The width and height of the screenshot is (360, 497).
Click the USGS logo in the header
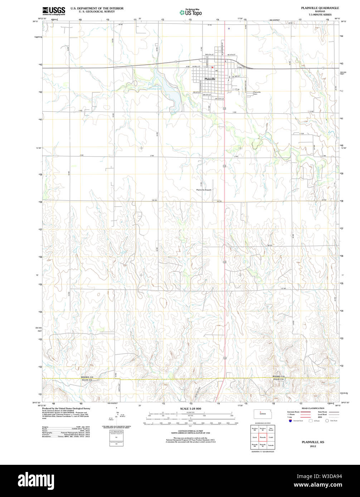click(x=54, y=11)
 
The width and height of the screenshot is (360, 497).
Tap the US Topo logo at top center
click(x=190, y=12)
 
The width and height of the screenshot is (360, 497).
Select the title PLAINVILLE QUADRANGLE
click(x=320, y=8)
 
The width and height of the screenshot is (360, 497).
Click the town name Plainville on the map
click(x=210, y=79)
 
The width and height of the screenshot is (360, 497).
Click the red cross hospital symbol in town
click(x=212, y=67)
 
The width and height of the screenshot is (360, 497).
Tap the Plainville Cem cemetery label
click(x=257, y=93)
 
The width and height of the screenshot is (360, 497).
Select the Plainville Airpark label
click(x=204, y=190)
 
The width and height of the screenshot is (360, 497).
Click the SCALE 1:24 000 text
click(x=190, y=408)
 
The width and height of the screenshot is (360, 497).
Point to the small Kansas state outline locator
click(x=262, y=413)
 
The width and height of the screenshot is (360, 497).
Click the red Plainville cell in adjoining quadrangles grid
click(x=262, y=437)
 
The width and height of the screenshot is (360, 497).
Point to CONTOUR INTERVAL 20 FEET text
click(x=190, y=432)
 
